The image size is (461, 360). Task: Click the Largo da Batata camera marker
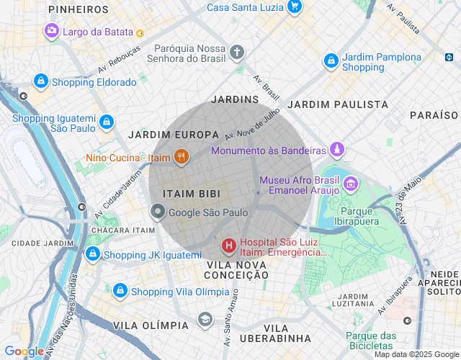click(x=52, y=31)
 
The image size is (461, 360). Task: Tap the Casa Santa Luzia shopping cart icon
click(x=294, y=7)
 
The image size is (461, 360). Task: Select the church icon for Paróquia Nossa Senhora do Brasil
click(x=238, y=52)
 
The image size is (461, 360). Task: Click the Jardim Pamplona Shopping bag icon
click(x=331, y=61)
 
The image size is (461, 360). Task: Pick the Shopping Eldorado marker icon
click(x=41, y=81)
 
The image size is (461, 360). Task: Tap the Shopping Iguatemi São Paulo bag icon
click(x=107, y=122)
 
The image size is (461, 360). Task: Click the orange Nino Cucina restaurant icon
click(x=181, y=157)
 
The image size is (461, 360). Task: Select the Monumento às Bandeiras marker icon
click(x=336, y=150)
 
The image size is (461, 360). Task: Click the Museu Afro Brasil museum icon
click(x=350, y=184)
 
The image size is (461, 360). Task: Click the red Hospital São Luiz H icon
click(x=229, y=247)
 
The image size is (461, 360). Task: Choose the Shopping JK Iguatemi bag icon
click(x=92, y=254)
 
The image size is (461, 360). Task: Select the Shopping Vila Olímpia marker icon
click(x=120, y=291)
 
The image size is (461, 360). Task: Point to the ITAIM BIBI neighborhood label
click(x=191, y=194)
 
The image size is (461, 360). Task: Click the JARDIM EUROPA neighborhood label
click(x=174, y=135)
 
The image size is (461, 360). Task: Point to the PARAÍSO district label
click(x=434, y=115)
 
